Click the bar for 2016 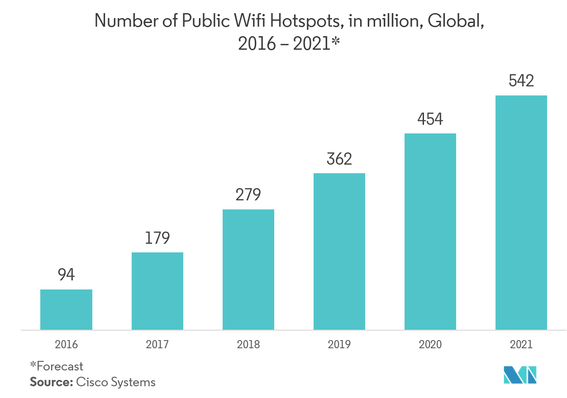click(66, 309)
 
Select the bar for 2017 click(157, 291)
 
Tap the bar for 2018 click(248, 270)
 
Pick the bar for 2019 click(339, 251)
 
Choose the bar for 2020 click(430, 232)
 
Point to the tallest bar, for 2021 click(521, 213)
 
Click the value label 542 click(521, 81)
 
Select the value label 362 click(339, 159)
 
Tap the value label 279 click(248, 195)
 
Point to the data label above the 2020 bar click(430, 119)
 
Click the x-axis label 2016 click(66, 345)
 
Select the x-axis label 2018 click(248, 345)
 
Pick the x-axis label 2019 click(339, 345)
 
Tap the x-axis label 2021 click(521, 345)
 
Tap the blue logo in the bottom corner click(520, 374)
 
